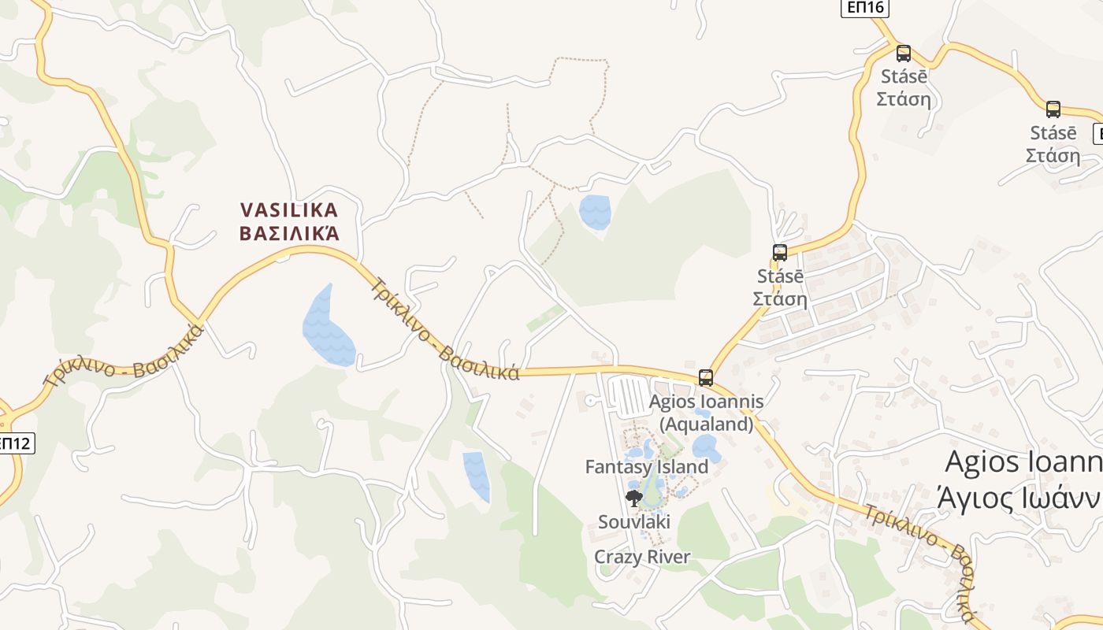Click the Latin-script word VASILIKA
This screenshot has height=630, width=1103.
tap(289, 210)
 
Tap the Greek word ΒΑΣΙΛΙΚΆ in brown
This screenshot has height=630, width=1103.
tap(289, 233)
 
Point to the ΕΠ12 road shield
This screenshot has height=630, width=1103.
tap(15, 443)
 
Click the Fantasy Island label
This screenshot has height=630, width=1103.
tap(646, 467)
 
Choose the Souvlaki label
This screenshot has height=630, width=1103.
tap(633, 521)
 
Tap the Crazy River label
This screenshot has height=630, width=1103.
tap(641, 557)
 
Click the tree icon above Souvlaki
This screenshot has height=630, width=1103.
tap(633, 498)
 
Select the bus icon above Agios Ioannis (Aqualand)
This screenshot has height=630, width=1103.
tap(706, 378)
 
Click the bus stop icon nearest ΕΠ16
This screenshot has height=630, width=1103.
tap(904, 54)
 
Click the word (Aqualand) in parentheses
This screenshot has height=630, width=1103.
tap(706, 424)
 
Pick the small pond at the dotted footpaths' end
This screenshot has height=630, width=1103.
tap(595, 211)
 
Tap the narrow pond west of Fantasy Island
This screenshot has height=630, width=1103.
tap(477, 475)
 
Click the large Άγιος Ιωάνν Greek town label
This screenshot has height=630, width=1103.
tap(1019, 498)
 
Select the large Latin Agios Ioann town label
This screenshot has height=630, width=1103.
tap(1023, 462)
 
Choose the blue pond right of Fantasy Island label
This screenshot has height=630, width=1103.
tap(705, 447)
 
